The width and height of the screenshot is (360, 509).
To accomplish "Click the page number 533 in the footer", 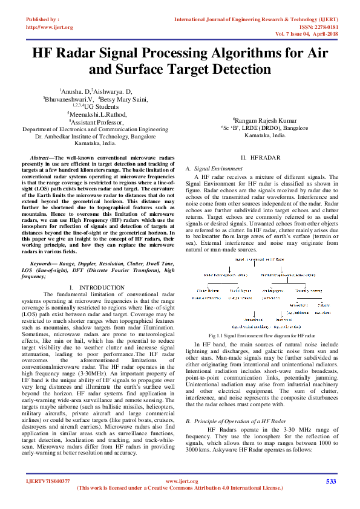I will coord(330,481).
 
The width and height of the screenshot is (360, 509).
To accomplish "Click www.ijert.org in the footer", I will coord(179,481).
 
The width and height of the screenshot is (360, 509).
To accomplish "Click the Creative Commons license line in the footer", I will coord(180,488).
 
